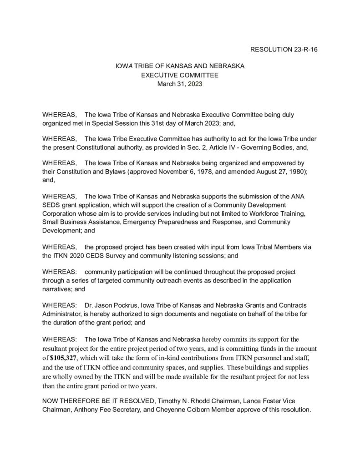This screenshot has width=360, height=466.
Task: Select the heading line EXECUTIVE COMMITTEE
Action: point(180,75)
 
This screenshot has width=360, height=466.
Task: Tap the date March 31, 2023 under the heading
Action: point(180,84)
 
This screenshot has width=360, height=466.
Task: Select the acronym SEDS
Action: point(51,205)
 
